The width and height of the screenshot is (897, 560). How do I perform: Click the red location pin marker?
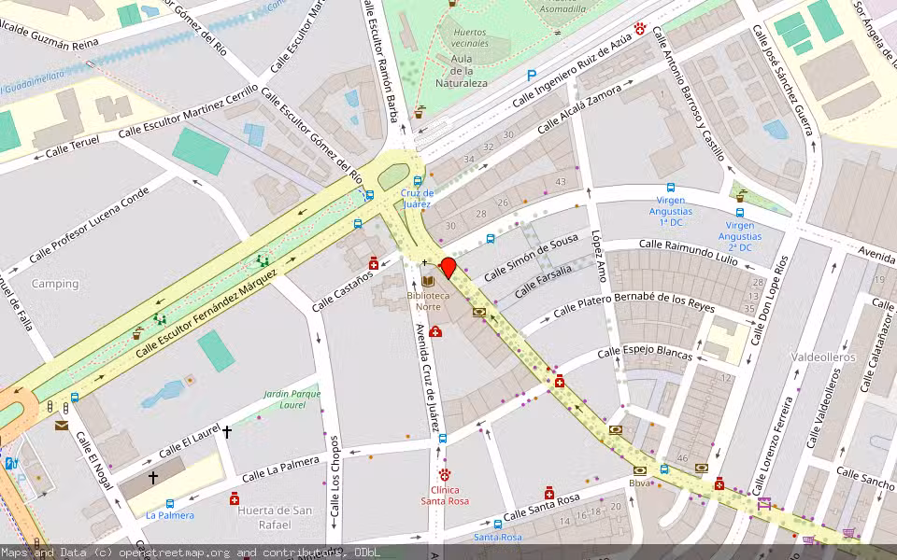coord(448,270)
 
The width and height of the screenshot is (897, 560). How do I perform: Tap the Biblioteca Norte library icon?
coord(428,281)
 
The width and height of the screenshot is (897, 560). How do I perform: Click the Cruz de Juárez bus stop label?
coord(417,198)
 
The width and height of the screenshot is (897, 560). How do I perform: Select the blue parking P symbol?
coord(532,76)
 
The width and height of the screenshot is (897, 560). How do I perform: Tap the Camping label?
coord(55,284)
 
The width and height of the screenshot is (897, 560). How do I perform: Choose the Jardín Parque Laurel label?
coord(292,399)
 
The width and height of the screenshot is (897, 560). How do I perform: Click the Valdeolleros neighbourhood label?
coord(822,357)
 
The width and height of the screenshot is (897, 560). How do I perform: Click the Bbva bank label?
coord(639,483)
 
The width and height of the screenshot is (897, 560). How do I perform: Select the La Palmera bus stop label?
coord(170,515)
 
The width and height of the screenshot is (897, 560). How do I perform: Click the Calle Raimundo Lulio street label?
coord(688,245)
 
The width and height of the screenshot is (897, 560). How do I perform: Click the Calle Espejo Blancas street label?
coord(645,355)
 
